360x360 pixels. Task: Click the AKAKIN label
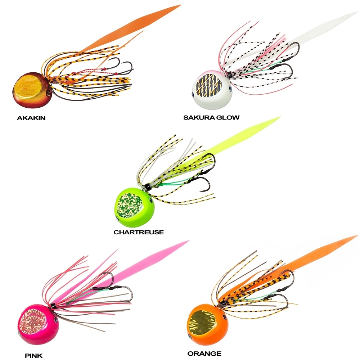[x=31, y=118]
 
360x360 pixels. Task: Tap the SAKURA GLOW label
[x=211, y=118]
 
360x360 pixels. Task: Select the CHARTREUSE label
[x=139, y=232]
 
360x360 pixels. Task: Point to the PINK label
[x=33, y=356]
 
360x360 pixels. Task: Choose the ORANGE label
[x=204, y=354]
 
